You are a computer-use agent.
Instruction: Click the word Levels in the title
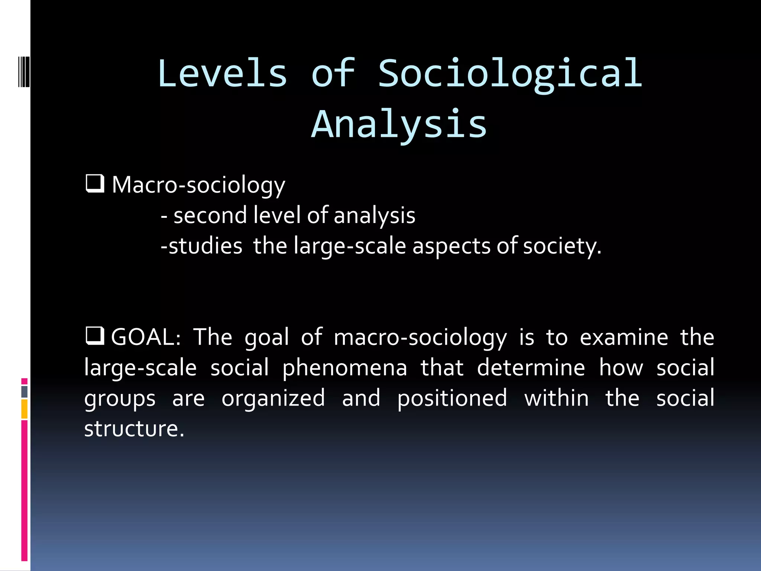[222, 73]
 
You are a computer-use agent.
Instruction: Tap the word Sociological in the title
[510, 73]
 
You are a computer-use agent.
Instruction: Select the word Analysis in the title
[399, 124]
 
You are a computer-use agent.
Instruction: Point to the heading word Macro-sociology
[198, 185]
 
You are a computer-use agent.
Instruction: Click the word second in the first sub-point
[210, 216]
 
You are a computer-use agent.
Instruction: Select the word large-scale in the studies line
[350, 246]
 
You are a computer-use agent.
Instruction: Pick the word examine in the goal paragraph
[624, 337]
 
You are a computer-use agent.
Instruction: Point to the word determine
[531, 368]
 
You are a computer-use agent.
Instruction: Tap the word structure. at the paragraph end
[134, 429]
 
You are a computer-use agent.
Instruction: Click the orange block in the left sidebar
[25, 409]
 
